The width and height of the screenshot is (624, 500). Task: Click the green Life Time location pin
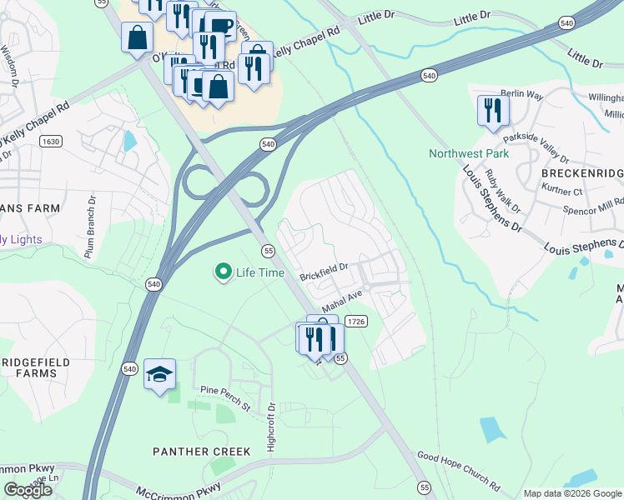tap(224, 272)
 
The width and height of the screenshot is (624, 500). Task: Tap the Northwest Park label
tap(469, 153)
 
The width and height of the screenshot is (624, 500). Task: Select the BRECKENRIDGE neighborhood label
tap(582, 172)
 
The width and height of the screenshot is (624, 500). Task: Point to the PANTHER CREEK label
tap(201, 452)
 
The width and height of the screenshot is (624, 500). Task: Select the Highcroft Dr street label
tap(270, 424)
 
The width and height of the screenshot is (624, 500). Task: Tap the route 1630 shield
tap(51, 142)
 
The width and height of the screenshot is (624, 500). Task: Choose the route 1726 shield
tap(356, 321)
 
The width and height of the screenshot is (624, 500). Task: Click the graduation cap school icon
tap(159, 374)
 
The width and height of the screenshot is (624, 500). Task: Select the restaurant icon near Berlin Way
tap(493, 110)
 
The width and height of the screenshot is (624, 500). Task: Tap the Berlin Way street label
tap(521, 96)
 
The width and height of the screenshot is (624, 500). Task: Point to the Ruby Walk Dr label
tap(504, 193)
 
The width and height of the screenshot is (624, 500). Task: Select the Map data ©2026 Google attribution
tap(572, 493)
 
